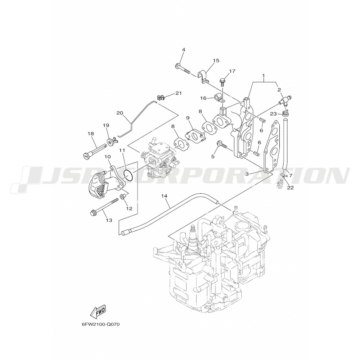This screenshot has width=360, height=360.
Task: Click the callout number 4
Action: tap(184, 49)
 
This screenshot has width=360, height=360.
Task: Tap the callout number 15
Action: tap(216, 60)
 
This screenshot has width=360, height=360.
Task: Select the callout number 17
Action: tap(232, 71)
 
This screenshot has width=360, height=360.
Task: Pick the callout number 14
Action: tap(165, 196)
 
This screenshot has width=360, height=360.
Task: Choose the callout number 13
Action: tap(109, 220)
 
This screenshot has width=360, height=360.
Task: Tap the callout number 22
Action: tap(291, 188)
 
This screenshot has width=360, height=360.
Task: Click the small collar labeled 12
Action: tap(123, 197)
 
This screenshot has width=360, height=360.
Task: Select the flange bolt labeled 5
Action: tap(221, 145)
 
